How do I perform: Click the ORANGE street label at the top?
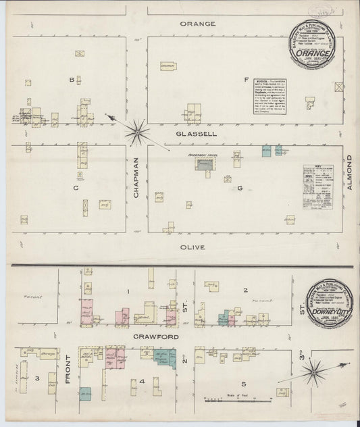coord(197,24)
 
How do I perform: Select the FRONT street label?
coord(68,376)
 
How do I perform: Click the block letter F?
coord(247,80)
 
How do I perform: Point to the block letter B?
coord(70,80)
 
